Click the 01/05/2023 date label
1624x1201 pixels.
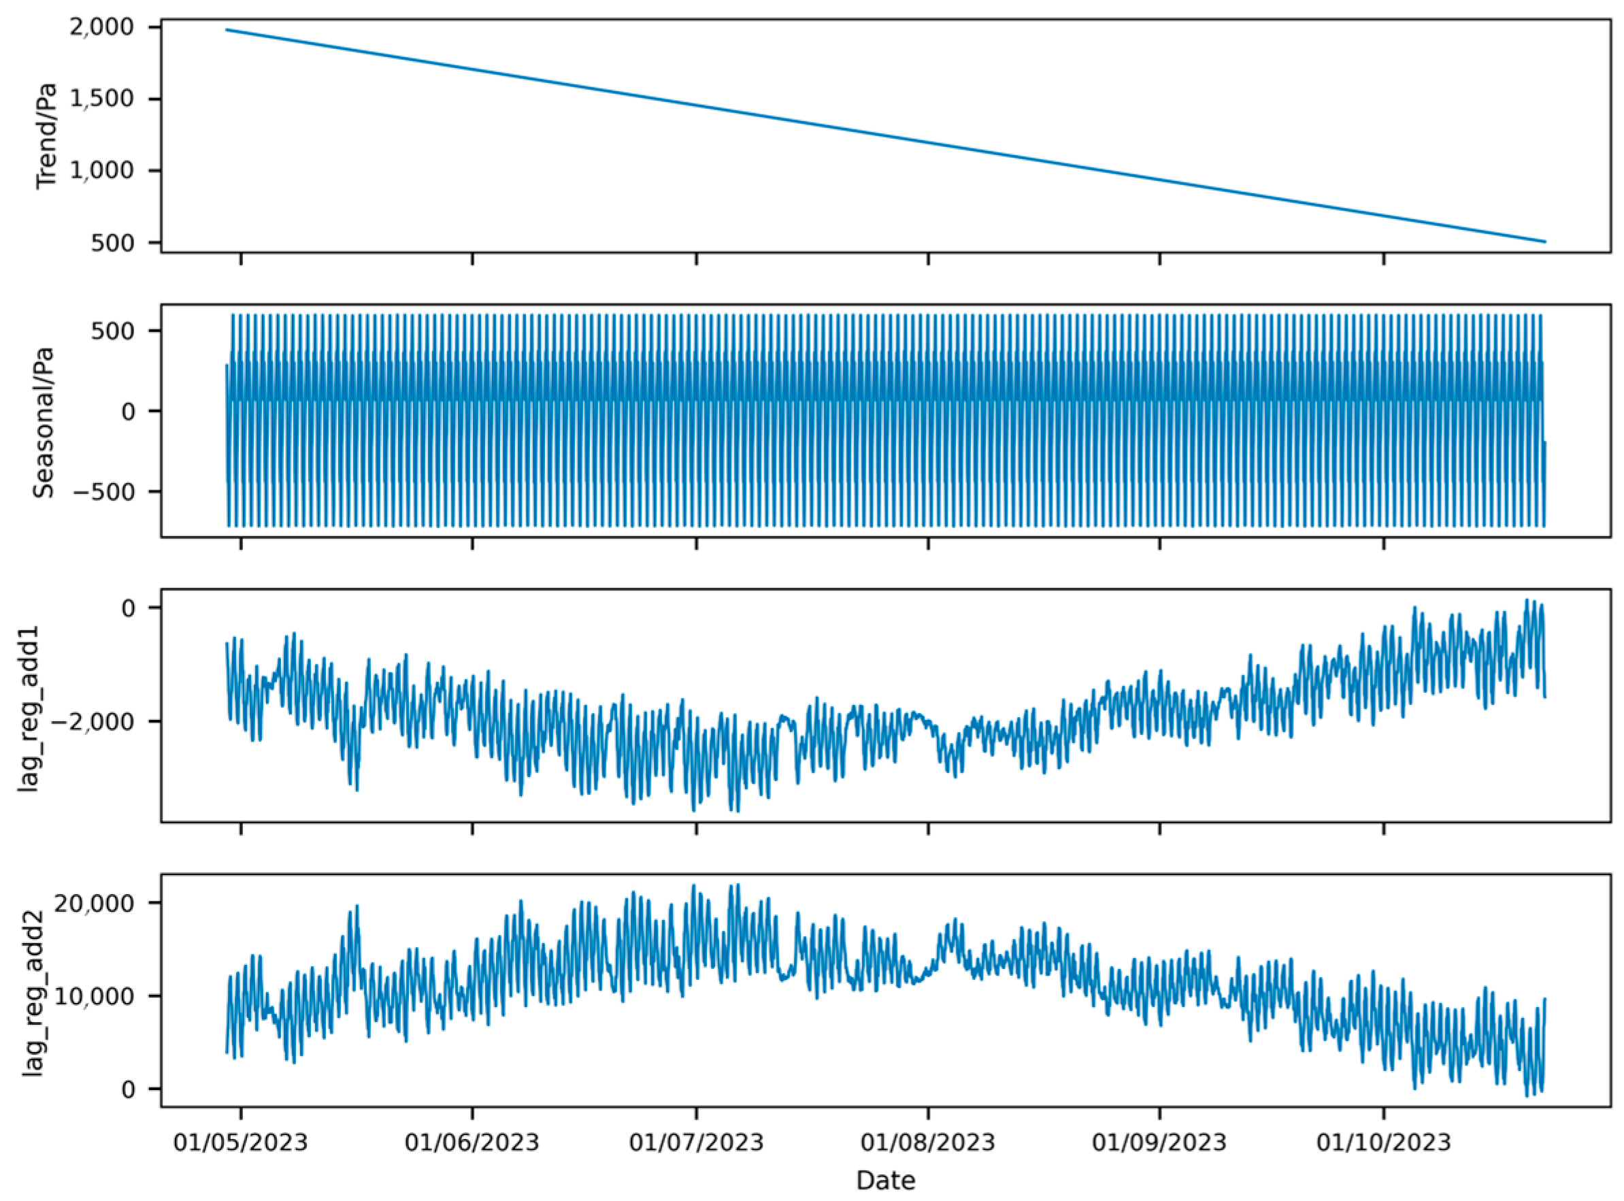pyautogui.click(x=241, y=1142)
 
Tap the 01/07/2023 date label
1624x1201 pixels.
pyautogui.click(x=697, y=1142)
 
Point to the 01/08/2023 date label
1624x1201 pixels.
pyautogui.click(x=927, y=1142)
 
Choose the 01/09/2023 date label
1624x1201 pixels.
pyautogui.click(x=1159, y=1142)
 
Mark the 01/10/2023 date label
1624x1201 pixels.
pyautogui.click(x=1383, y=1142)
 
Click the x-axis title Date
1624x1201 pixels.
pyautogui.click(x=884, y=1181)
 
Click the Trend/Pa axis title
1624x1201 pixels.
pyautogui.click(x=46, y=135)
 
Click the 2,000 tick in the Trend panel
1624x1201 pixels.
pyautogui.click(x=114, y=28)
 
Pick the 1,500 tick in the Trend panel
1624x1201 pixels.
pyautogui.click(x=114, y=99)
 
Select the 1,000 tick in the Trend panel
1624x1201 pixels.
pyautogui.click(x=114, y=171)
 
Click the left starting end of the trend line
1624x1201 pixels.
pyautogui.click(x=227, y=30)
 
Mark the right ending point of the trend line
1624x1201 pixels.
pyautogui.click(x=1545, y=242)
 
